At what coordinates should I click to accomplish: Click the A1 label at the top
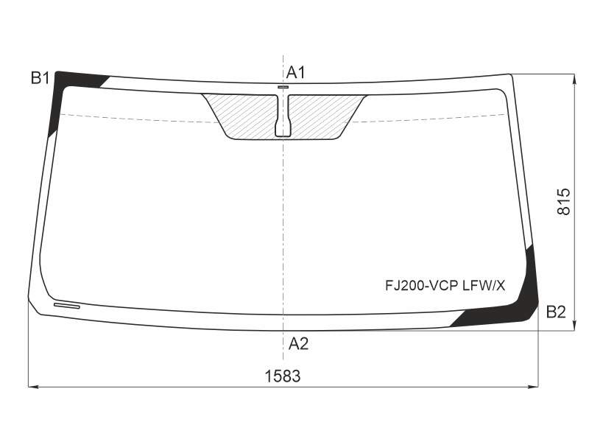pyautogui.click(x=296, y=72)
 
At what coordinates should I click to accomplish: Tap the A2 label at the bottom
pyautogui.click(x=298, y=343)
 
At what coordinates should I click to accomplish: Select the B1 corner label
pyautogui.click(x=40, y=78)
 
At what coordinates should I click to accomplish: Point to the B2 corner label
pyautogui.click(x=556, y=312)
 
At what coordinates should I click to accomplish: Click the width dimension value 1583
pyautogui.click(x=283, y=376)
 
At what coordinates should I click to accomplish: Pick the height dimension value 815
pyautogui.click(x=563, y=202)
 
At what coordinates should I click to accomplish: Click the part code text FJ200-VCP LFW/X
pyautogui.click(x=445, y=286)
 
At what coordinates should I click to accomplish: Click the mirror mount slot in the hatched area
pyautogui.click(x=283, y=115)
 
